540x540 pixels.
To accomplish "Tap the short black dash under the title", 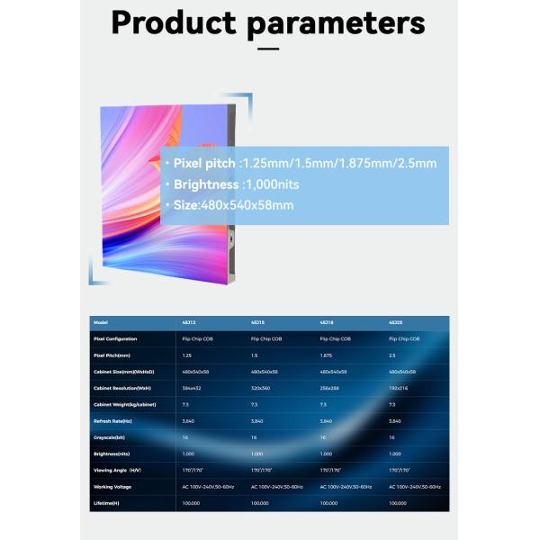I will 268,49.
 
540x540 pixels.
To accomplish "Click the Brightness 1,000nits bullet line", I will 236,184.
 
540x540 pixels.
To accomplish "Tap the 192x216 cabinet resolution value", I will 398,388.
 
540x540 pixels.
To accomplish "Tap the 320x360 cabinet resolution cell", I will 261,388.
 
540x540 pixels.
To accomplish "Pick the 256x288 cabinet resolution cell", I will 329,388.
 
